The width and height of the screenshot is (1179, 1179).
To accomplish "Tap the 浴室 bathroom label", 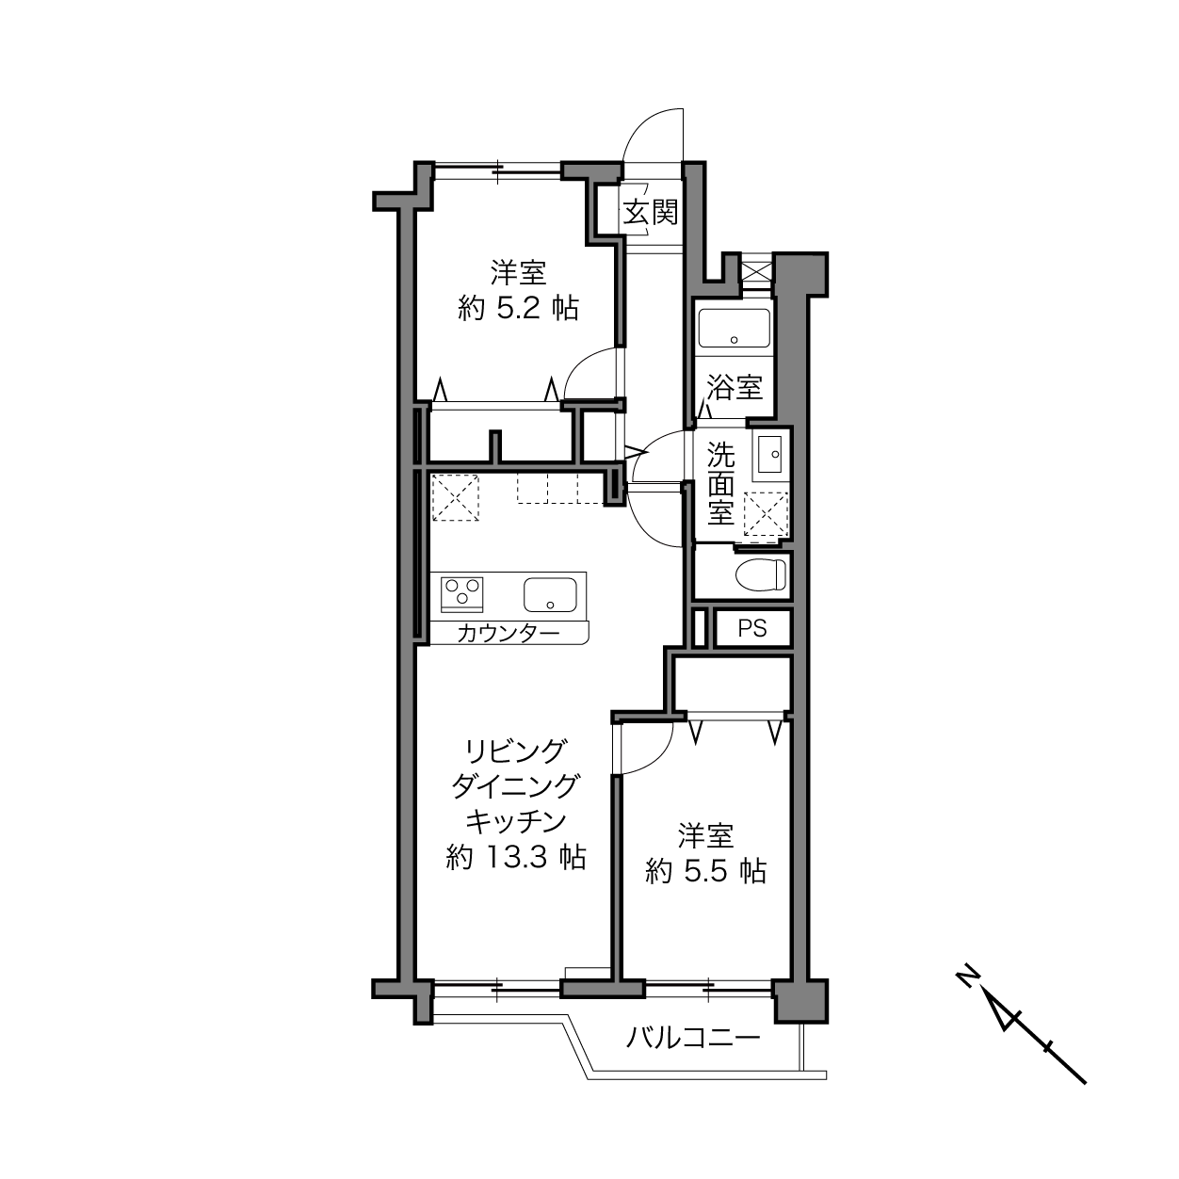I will pyautogui.click(x=735, y=387).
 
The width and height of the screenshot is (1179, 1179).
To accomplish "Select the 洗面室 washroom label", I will pyautogui.click(x=721, y=484).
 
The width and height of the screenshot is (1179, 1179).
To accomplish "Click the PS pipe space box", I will pyautogui.click(x=752, y=629).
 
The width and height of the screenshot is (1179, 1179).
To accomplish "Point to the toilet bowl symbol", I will pyautogui.click(x=760, y=574).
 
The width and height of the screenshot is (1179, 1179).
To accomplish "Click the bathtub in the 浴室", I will pyautogui.click(x=734, y=328).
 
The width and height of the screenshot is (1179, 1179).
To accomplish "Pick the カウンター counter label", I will pyautogui.click(x=509, y=634).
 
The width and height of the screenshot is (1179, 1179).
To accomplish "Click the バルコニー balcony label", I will pyautogui.click(x=694, y=1040).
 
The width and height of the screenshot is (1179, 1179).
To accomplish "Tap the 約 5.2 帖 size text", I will pyautogui.click(x=518, y=308).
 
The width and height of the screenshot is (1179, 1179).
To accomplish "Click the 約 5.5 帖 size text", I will pyautogui.click(x=705, y=870).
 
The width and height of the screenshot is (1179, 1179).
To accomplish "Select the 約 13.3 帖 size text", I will pyautogui.click(x=517, y=857).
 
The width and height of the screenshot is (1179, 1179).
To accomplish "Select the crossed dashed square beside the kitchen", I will pyautogui.click(x=455, y=497).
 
